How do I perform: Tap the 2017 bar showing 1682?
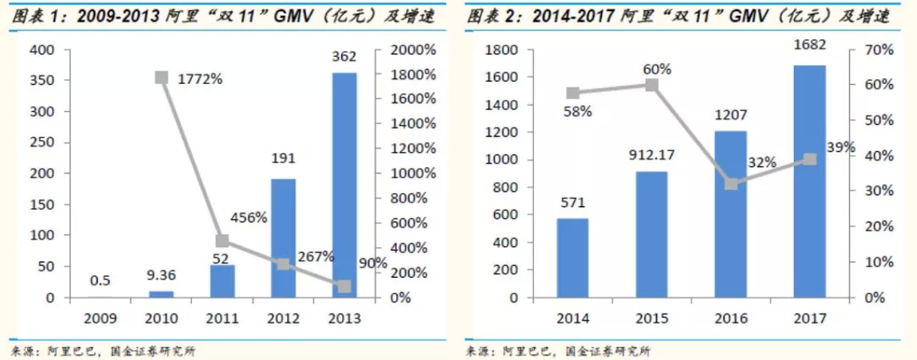click(809, 182)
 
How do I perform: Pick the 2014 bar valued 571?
click(572, 258)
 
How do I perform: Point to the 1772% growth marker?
click(160, 77)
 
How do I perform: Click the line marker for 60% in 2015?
click(651, 85)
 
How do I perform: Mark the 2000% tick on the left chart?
click(413, 50)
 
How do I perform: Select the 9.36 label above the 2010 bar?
click(160, 274)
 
